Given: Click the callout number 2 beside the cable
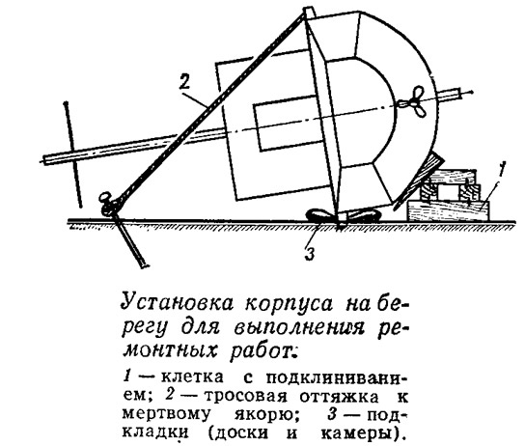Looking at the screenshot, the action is (x=184, y=81).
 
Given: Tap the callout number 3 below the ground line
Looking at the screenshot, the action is (x=310, y=254).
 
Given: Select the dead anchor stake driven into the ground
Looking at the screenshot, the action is (x=129, y=241).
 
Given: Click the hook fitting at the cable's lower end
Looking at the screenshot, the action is (x=109, y=204).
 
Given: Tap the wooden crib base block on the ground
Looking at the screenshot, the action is (x=448, y=210).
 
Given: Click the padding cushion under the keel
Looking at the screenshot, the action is (x=344, y=215).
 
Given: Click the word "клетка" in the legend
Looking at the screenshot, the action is (x=192, y=377).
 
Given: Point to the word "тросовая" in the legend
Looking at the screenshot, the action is (x=246, y=396).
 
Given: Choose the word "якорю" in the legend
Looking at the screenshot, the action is (x=267, y=415).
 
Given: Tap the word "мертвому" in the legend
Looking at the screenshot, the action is (x=167, y=414).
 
